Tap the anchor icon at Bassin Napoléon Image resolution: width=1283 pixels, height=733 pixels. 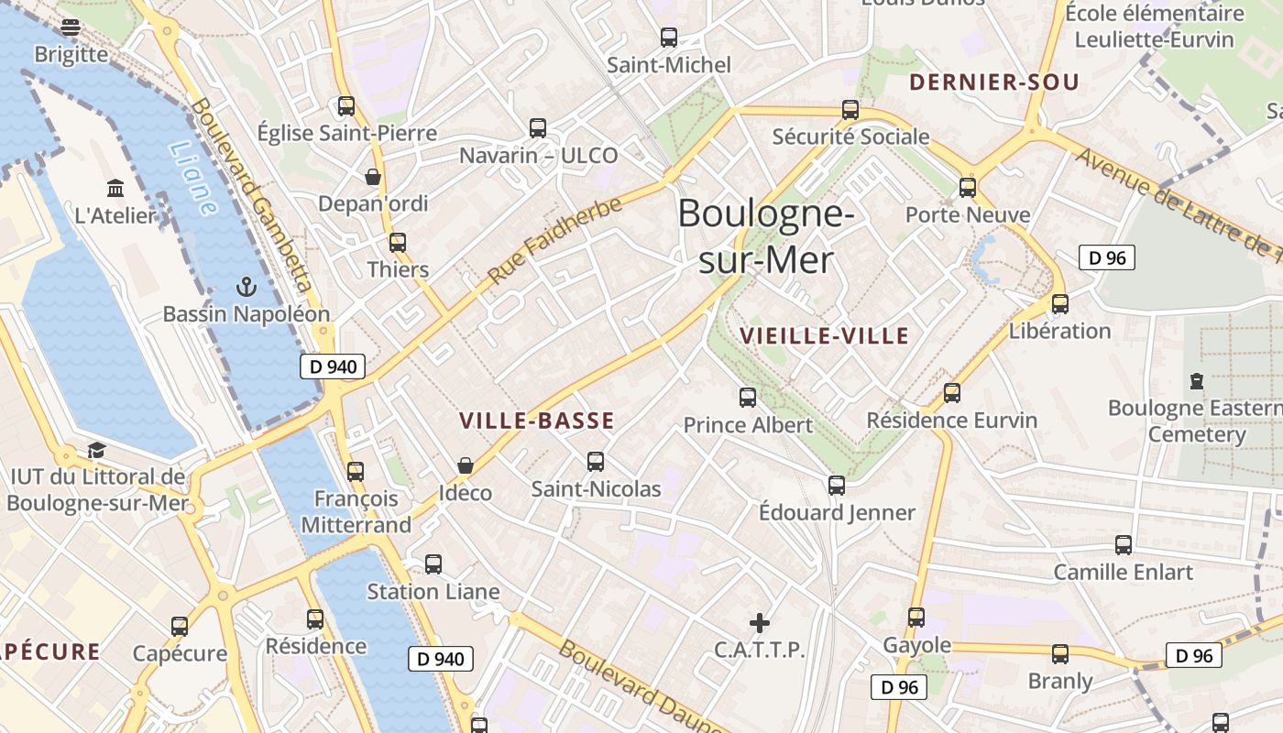tap(246, 288)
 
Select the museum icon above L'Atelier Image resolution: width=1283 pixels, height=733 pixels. tap(116, 189)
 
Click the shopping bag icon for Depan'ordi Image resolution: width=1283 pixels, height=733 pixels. tap(373, 177)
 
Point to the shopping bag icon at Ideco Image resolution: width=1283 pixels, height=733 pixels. tap(466, 466)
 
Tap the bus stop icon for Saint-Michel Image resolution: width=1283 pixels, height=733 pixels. tap(669, 38)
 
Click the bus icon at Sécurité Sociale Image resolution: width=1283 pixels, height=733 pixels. tap(850, 110)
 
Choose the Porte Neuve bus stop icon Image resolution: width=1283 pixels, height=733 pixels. tap(968, 188)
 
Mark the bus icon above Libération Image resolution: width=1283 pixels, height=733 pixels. tap(1060, 303)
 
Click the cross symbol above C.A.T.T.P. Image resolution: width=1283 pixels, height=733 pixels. tap(760, 623)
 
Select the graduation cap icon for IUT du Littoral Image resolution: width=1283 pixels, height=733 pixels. tap(96, 450)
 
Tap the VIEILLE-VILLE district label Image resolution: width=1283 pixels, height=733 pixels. tap(824, 335)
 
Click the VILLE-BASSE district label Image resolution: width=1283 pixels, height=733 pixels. tap(536, 421)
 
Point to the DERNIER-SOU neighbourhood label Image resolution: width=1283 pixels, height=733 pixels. tap(993, 82)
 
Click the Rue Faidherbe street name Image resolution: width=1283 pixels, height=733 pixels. tap(555, 240)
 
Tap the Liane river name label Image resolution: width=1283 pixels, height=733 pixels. tap(193, 179)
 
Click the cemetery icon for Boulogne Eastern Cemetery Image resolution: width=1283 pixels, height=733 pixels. tap(1196, 380)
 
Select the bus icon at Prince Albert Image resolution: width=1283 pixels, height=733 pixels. tap(748, 398)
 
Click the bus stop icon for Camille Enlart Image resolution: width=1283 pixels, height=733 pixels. tap(1124, 545)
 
